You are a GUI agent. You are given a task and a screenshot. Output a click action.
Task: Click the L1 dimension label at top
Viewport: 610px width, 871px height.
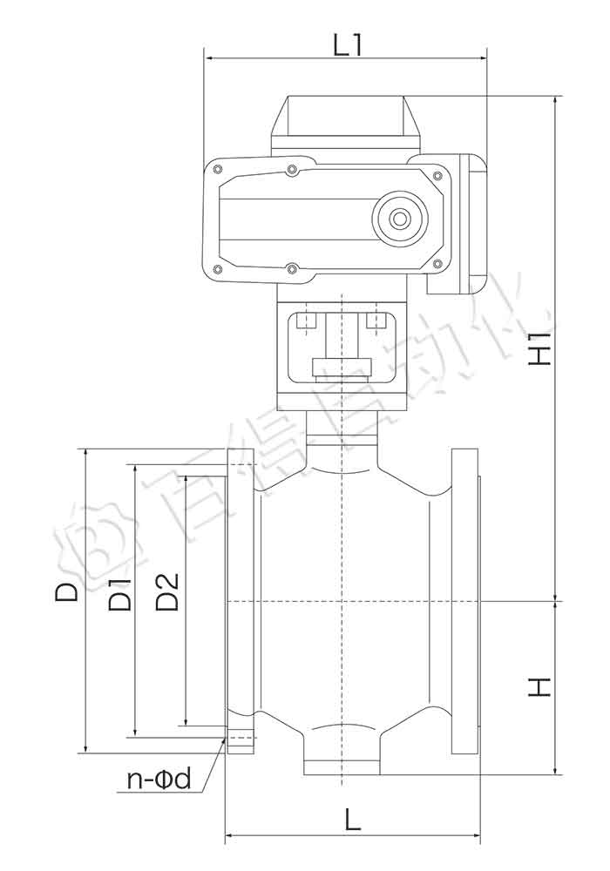(347, 44)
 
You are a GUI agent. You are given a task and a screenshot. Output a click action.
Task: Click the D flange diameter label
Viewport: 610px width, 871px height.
(67, 592)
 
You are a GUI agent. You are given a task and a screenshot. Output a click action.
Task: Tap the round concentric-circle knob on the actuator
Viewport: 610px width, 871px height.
(400, 219)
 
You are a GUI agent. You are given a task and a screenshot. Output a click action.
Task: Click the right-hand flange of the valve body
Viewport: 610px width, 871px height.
(466, 601)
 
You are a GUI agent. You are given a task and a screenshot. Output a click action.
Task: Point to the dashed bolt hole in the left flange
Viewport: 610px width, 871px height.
(241, 741)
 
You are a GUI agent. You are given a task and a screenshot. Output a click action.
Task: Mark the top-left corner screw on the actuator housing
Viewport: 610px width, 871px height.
(218, 168)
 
